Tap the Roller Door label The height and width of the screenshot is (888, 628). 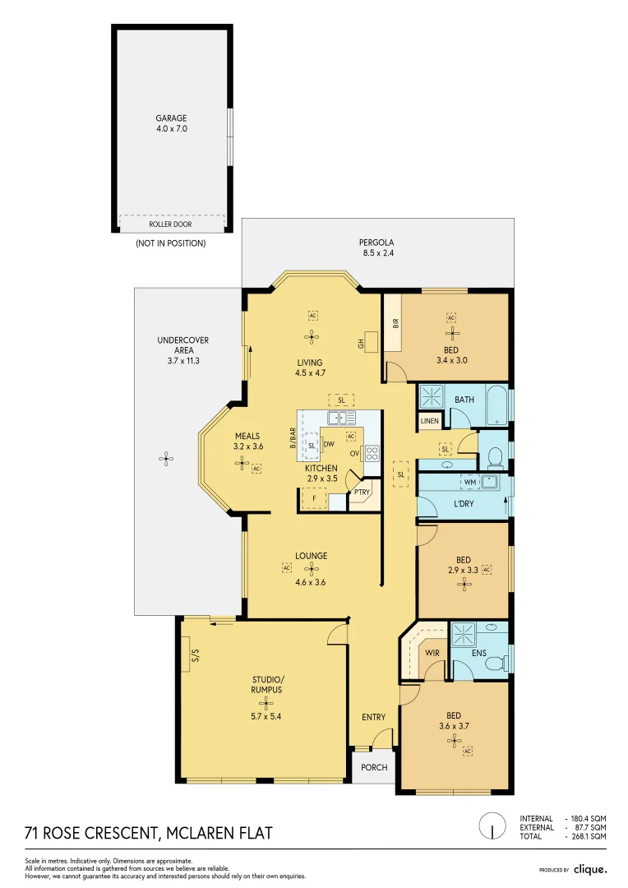tap(170, 224)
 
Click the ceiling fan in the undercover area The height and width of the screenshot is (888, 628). tap(165, 459)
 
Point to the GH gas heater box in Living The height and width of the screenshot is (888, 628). tap(372, 341)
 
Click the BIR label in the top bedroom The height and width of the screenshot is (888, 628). tap(396, 323)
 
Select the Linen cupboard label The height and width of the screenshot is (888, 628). tap(429, 421)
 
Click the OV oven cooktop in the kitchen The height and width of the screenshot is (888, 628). tap(372, 453)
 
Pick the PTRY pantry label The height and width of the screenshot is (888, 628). tap(362, 493)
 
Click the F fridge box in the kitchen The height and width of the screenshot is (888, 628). tap(314, 499)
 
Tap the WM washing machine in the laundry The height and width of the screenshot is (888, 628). tap(470, 483)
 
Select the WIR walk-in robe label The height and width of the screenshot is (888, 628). tap(432, 653)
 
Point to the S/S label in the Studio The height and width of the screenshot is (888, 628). tap(196, 655)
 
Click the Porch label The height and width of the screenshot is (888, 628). tap(374, 767)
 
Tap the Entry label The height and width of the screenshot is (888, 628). tap(374, 717)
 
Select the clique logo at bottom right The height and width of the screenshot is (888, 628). tap(590, 869)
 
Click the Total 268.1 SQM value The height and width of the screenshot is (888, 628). tap(589, 836)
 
